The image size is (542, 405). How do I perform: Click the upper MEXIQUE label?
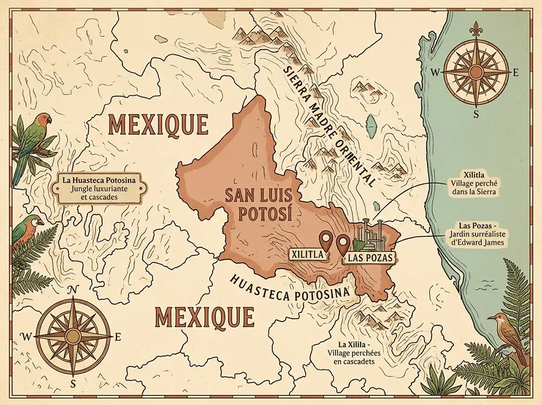click(158, 124)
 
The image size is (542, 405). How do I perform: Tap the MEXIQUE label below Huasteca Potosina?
click(204, 316)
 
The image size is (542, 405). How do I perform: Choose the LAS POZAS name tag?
click(369, 257)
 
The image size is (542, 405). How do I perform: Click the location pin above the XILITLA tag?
click(326, 240)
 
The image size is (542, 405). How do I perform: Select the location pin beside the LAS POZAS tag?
click(343, 243)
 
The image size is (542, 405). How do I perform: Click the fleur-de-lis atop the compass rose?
click(476, 31)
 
